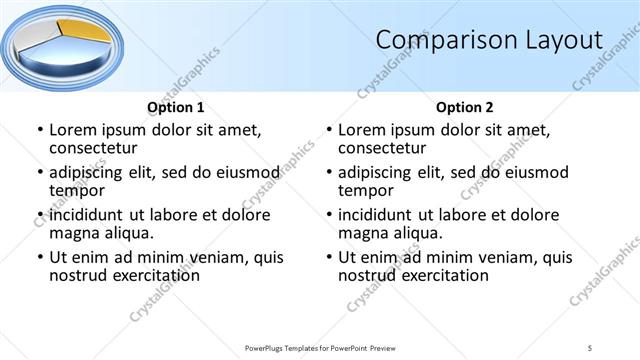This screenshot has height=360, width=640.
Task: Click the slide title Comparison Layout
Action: click(489, 40)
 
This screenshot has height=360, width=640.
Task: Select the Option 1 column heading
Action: click(176, 107)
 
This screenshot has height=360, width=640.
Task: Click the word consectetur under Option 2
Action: click(383, 149)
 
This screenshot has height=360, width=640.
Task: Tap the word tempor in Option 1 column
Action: click(77, 191)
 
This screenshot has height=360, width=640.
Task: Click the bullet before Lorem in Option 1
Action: click(40, 130)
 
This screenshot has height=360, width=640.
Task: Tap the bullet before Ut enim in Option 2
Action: click(329, 257)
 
